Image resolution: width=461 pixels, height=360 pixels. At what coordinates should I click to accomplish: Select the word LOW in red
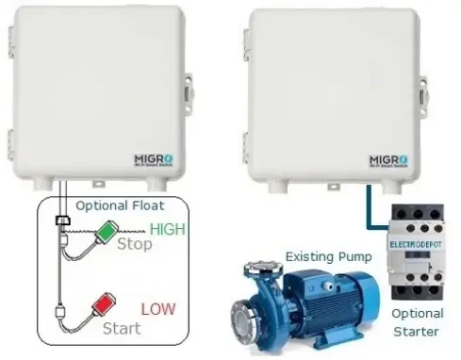(157, 308)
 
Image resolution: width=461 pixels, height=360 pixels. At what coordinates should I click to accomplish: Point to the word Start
(123, 328)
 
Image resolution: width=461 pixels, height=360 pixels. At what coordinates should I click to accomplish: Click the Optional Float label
(120, 205)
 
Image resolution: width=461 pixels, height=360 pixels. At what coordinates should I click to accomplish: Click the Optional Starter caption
(416, 322)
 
